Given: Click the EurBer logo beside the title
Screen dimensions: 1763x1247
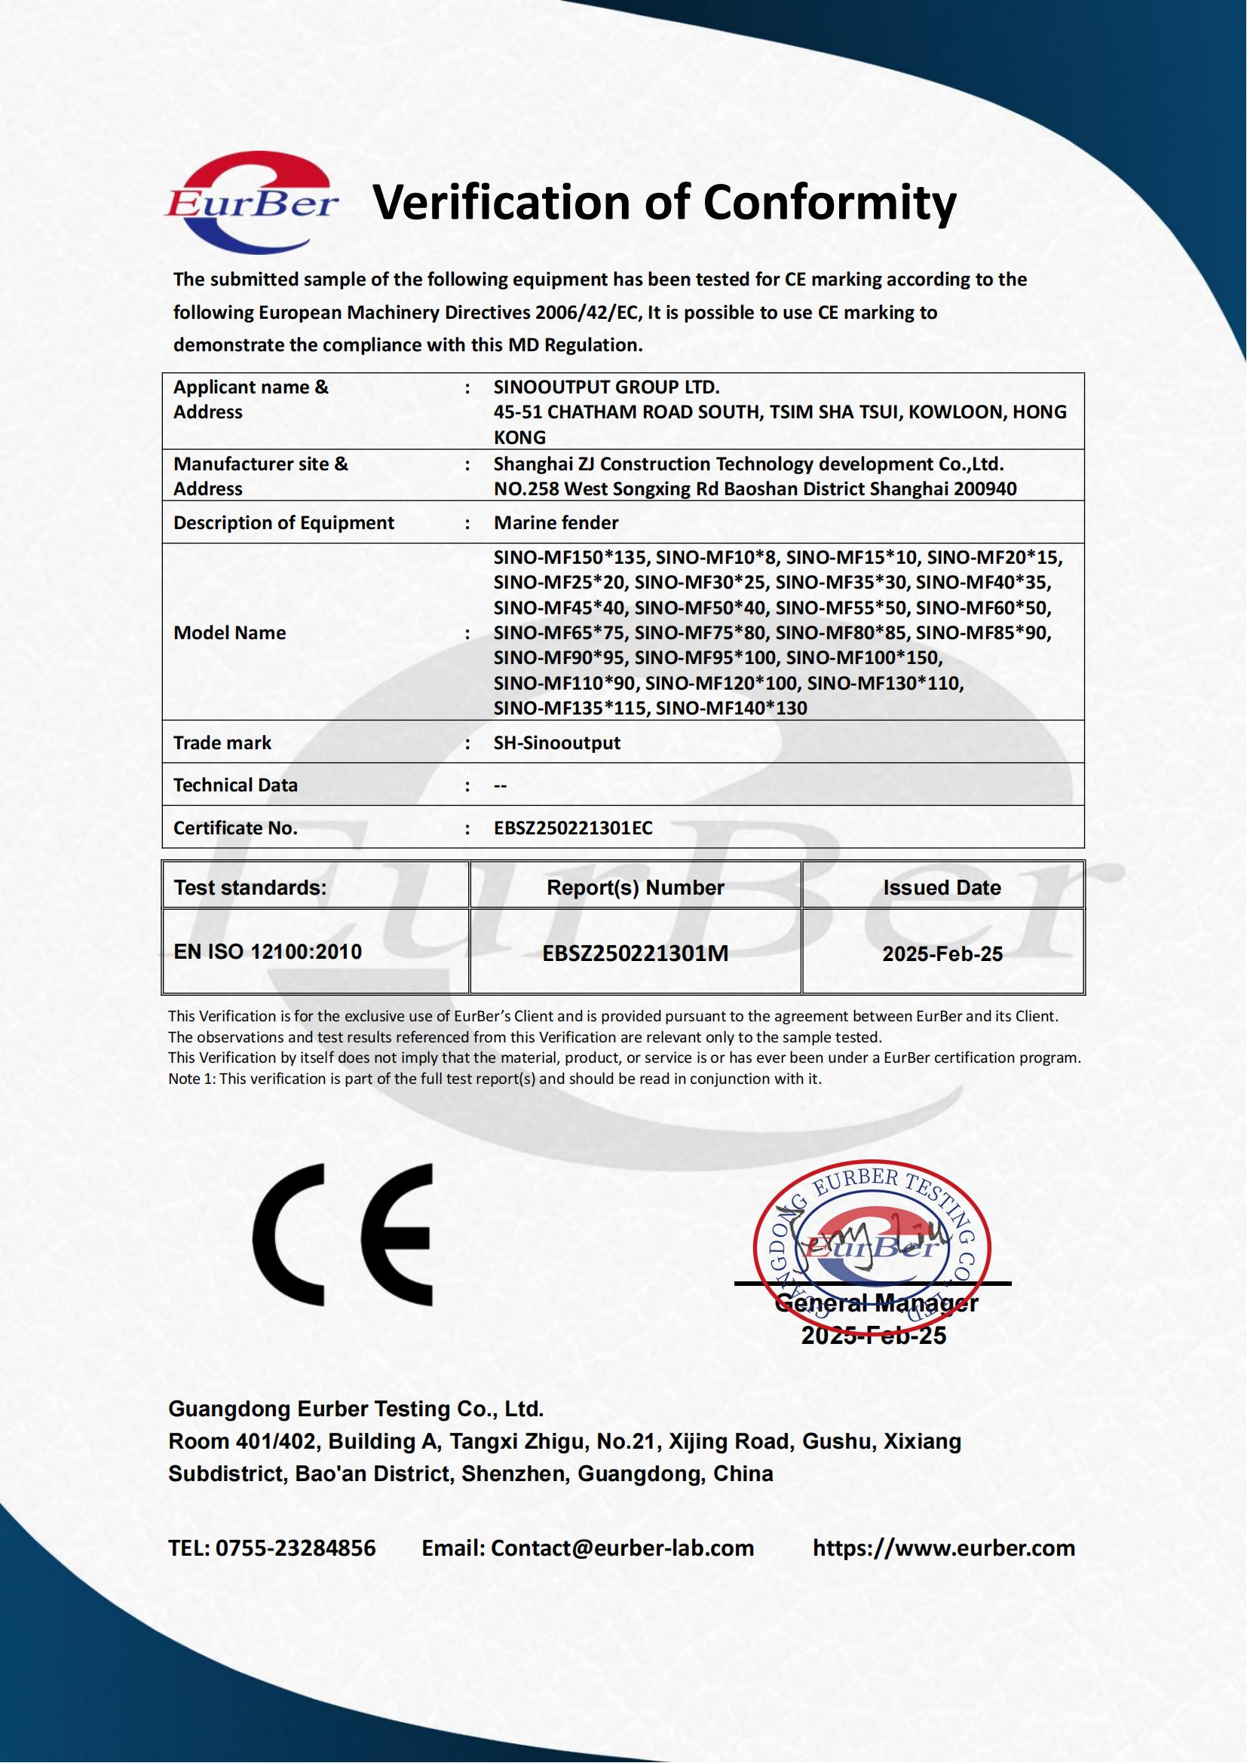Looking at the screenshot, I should (x=251, y=203).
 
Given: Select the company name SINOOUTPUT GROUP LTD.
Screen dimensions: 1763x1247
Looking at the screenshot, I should (x=607, y=387).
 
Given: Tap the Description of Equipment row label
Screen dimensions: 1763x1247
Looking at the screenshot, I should (x=283, y=523).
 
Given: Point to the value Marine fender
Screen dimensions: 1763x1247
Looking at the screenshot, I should (x=556, y=523).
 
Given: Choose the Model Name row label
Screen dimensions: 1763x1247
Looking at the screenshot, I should (x=230, y=632).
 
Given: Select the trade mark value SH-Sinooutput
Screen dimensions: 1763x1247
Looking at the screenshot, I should (x=556, y=742).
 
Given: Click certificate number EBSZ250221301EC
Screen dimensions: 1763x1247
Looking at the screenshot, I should (x=573, y=828).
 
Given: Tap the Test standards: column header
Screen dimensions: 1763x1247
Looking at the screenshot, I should (x=250, y=888).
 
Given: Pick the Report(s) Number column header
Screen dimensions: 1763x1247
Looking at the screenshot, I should (x=635, y=888).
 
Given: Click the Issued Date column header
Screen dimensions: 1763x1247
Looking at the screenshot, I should (x=942, y=888).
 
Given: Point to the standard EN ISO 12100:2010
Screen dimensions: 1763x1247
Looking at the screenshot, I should (x=267, y=952).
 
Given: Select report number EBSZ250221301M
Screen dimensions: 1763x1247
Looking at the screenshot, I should (x=635, y=953).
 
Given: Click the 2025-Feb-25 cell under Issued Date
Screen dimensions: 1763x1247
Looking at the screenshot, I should (x=942, y=953).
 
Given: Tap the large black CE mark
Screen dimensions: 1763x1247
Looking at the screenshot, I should (x=343, y=1235).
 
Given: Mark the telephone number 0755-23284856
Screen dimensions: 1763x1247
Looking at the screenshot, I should (x=296, y=1548).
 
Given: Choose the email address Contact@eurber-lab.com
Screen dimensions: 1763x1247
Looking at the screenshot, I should (x=622, y=1548).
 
